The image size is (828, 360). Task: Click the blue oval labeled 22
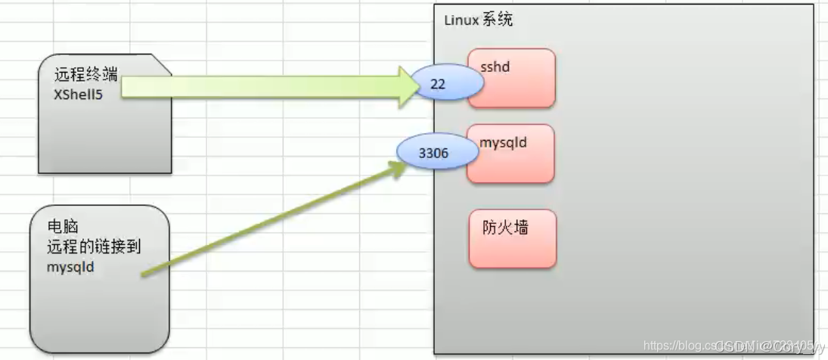pos(445,85)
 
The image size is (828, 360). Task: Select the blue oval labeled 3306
pos(437,154)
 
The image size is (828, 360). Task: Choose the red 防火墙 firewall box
pos(513,239)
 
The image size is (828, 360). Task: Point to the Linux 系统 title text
pos(478,20)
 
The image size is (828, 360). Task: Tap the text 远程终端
pos(85,75)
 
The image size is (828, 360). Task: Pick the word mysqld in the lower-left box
pos(70,266)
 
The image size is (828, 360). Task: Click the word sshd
pos(495,67)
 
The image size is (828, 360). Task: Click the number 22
pos(438,85)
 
